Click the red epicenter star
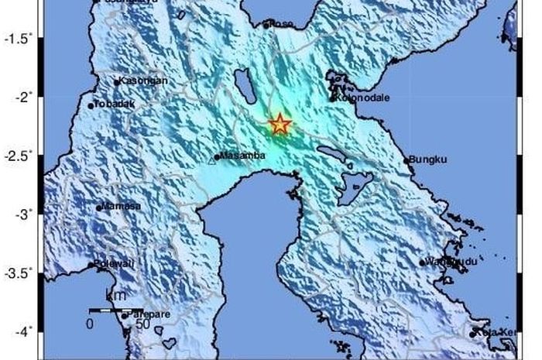click(x=280, y=124)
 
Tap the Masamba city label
click(x=242, y=156)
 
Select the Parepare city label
click(x=148, y=314)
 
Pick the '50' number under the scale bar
click(x=142, y=324)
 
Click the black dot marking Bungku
click(x=406, y=161)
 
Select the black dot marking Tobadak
click(x=91, y=105)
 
